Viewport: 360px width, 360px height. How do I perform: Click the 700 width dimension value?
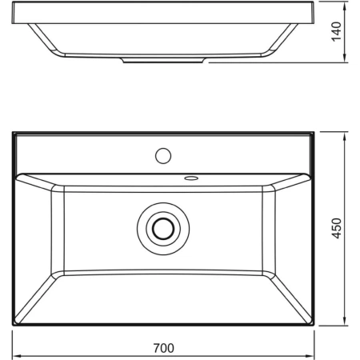coord(163,348)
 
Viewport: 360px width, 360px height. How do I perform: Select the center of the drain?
coord(162,228)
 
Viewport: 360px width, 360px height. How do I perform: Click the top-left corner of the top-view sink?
coord(14,131)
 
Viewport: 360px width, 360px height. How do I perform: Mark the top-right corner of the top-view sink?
coord(313,131)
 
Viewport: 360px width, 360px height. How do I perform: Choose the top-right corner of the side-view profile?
coord(311,2)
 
